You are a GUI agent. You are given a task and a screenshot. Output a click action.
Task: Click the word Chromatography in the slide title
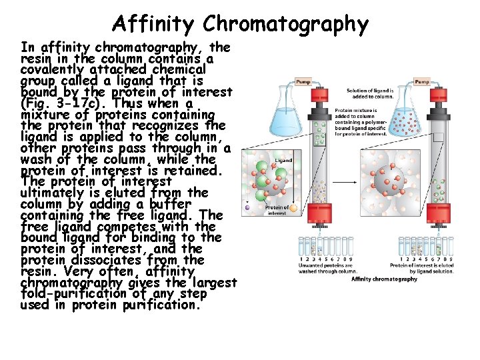click(286, 24)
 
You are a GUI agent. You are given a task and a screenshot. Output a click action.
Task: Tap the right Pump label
click(422, 81)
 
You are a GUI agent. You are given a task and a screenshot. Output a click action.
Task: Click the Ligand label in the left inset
click(284, 161)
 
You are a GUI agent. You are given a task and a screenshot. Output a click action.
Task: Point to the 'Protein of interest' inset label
click(277, 210)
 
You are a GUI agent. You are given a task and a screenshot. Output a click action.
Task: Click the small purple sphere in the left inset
click(247, 207)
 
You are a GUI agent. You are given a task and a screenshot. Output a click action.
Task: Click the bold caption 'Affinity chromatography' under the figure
click(384, 279)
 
